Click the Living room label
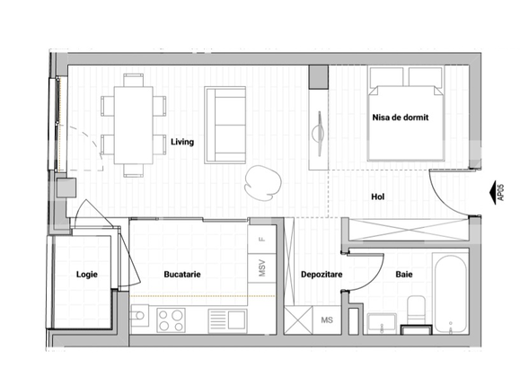coord(182,141)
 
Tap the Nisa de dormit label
coord(401,118)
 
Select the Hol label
coord(381,197)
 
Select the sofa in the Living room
coord(225,124)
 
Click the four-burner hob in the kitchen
coord(171,319)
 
